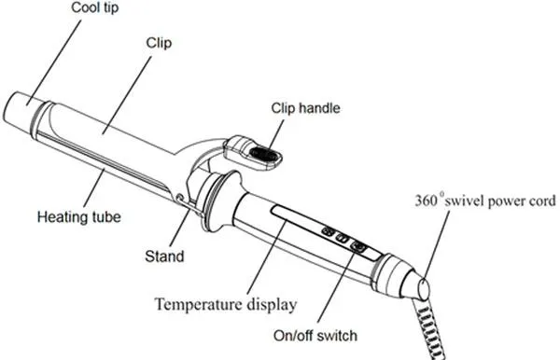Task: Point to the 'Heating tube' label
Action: (x=79, y=217)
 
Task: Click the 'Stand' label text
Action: (x=164, y=254)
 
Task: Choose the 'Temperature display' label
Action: (x=226, y=304)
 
